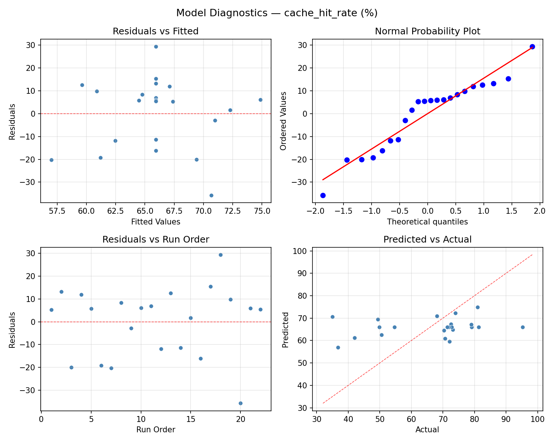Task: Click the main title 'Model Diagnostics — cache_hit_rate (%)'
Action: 277,13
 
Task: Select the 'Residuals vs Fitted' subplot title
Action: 155,31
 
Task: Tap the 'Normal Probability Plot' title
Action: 427,31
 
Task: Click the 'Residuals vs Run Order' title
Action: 155,240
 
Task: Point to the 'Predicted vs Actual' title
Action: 427,240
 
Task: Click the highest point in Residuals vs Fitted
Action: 156,47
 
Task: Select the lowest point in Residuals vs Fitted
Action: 211,195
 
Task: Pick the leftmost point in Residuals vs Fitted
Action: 51,160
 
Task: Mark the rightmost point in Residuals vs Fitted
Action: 260,100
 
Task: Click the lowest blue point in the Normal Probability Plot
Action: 323,195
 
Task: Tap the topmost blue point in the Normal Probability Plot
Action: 532,47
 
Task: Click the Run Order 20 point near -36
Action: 240,403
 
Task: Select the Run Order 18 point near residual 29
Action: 220,255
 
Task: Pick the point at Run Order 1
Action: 51,310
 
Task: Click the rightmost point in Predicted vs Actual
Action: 523,327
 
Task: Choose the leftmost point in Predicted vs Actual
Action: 332,317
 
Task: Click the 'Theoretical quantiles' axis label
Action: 427,222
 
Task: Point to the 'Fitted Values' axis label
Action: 155,222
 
